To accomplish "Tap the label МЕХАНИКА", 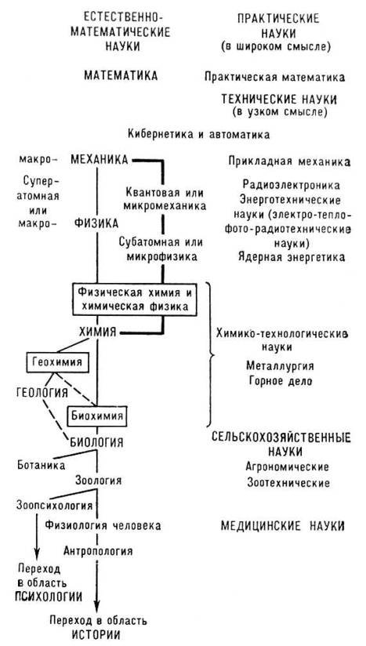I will click(x=100, y=160).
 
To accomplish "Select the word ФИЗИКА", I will click(x=96, y=222).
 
